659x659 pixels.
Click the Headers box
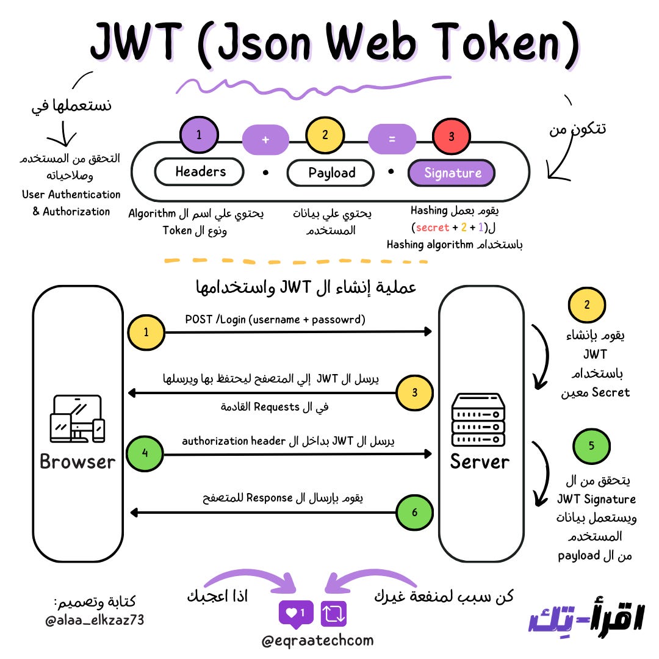tap(200, 172)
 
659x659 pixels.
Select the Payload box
tap(331, 173)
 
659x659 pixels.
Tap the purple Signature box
tap(452, 173)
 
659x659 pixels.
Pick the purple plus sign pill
tap(265, 139)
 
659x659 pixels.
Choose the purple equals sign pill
tap(392, 139)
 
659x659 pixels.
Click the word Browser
tap(77, 461)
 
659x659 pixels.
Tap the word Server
tap(480, 461)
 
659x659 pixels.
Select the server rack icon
tap(478, 419)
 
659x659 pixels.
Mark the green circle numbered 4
tap(146, 453)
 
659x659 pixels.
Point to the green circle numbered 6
tap(414, 512)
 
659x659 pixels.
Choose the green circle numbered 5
tap(591, 445)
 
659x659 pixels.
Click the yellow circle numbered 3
tap(414, 392)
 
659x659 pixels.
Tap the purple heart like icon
tap(296, 613)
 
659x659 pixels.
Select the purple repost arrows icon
tap(334, 613)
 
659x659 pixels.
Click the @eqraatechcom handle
tap(317, 641)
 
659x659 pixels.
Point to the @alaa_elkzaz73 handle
tap(95, 621)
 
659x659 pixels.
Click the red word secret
tap(432, 228)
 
